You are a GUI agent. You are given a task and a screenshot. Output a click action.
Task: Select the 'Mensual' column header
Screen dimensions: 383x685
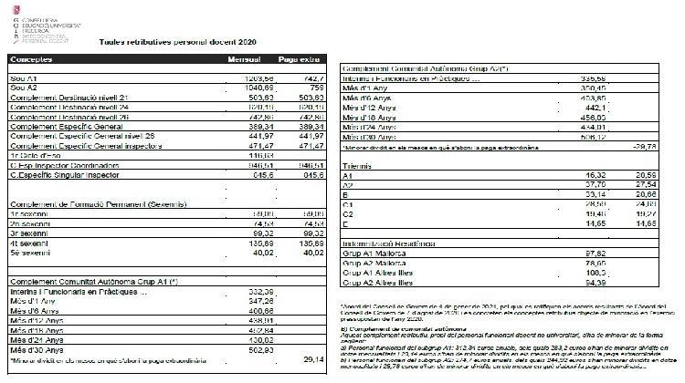(244, 59)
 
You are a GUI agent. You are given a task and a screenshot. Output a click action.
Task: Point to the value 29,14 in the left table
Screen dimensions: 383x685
(312, 358)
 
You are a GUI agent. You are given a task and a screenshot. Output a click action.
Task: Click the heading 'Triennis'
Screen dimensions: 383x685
(356, 165)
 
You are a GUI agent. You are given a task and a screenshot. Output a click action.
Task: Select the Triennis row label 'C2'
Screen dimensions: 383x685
(348, 213)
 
